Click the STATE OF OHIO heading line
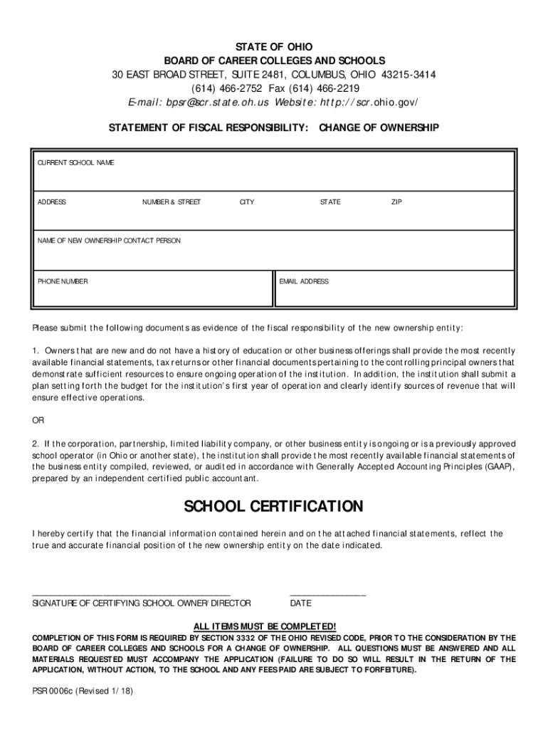tap(274, 47)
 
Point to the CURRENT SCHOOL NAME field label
tap(75, 163)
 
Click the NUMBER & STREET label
tap(171, 202)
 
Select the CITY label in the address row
tap(247, 202)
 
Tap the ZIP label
tap(396, 202)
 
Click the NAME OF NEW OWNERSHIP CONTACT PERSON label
tap(109, 241)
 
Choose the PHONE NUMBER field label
tap(63, 281)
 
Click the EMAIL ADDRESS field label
tap(304, 281)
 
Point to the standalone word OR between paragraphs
tap(38, 419)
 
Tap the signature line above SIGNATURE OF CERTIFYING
tap(132, 593)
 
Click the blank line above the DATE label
tap(328, 593)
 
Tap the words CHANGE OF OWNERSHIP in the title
tap(379, 128)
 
